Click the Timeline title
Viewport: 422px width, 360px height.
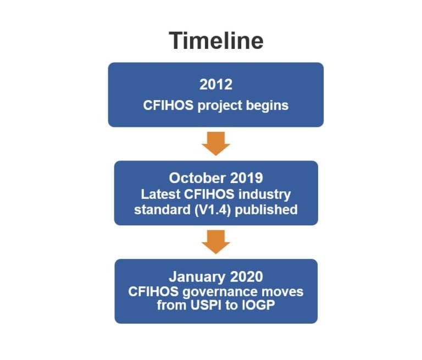[216, 41]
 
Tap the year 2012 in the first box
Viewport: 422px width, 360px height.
[215, 85]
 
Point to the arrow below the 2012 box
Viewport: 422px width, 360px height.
[215, 144]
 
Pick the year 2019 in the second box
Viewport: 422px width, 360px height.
[243, 178]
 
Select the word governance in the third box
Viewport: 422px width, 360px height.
[219, 292]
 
